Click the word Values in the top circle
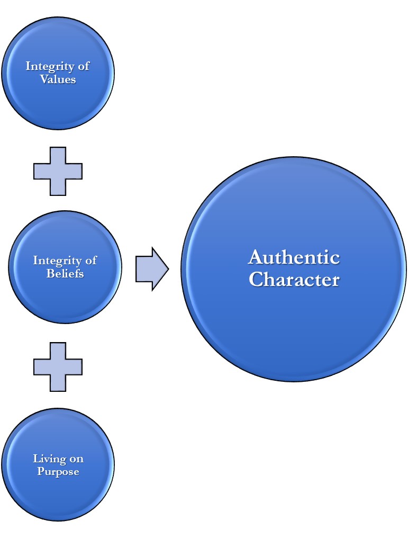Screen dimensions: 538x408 coord(58,79)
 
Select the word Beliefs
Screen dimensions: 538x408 coord(65,274)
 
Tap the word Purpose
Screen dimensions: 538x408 coord(58,471)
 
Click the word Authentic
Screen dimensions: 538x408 coord(294,257)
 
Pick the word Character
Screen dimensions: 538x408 coord(294,279)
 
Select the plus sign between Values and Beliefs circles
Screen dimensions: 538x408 coord(58,171)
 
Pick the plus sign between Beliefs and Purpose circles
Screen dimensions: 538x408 coord(58,366)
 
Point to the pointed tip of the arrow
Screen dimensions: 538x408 coord(167,269)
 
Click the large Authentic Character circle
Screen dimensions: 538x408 coord(294,328)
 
